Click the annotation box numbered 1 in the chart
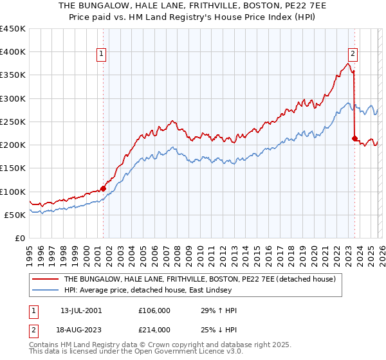tap(102, 54)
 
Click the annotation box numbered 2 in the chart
tap(353, 54)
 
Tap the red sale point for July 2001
tap(103, 188)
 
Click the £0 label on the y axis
tap(19, 238)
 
